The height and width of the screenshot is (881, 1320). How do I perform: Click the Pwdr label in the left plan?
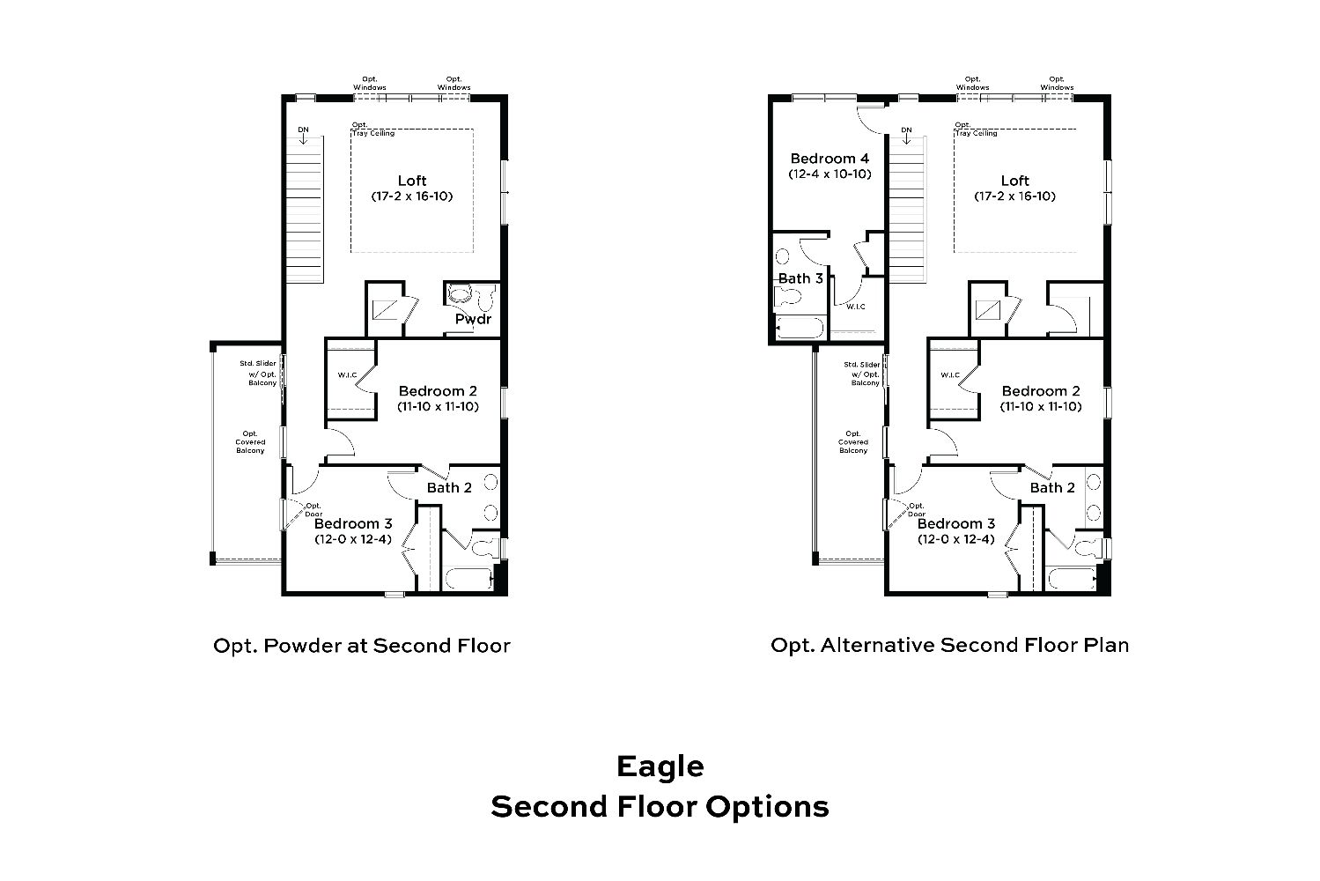[473, 319]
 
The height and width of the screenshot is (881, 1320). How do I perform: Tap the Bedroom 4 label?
[830, 159]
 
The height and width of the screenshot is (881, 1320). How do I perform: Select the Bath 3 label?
[800, 278]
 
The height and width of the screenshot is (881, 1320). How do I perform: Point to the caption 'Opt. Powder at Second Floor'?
[362, 646]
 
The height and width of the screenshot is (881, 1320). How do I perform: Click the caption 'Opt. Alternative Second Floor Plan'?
[950, 645]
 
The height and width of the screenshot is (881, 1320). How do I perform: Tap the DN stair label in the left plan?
[303, 130]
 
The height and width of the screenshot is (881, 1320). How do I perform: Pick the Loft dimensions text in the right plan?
[1014, 196]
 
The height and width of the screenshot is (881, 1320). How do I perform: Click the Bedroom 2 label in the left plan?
[438, 391]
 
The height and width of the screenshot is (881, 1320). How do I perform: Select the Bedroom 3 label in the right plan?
[955, 523]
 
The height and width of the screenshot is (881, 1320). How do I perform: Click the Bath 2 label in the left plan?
[449, 488]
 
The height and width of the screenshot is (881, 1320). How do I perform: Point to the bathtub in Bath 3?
[800, 328]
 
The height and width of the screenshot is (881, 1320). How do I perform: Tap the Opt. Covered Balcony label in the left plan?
[250, 442]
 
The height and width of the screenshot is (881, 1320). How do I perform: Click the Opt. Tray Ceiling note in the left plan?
[373, 130]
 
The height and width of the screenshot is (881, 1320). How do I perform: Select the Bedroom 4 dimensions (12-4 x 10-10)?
[830, 174]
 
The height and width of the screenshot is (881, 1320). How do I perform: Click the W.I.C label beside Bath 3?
[856, 307]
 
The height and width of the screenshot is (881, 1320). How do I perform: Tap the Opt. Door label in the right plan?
[917, 509]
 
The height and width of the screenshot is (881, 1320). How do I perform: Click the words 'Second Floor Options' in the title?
[660, 807]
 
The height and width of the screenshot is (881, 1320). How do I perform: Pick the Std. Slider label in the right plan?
[861, 365]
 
